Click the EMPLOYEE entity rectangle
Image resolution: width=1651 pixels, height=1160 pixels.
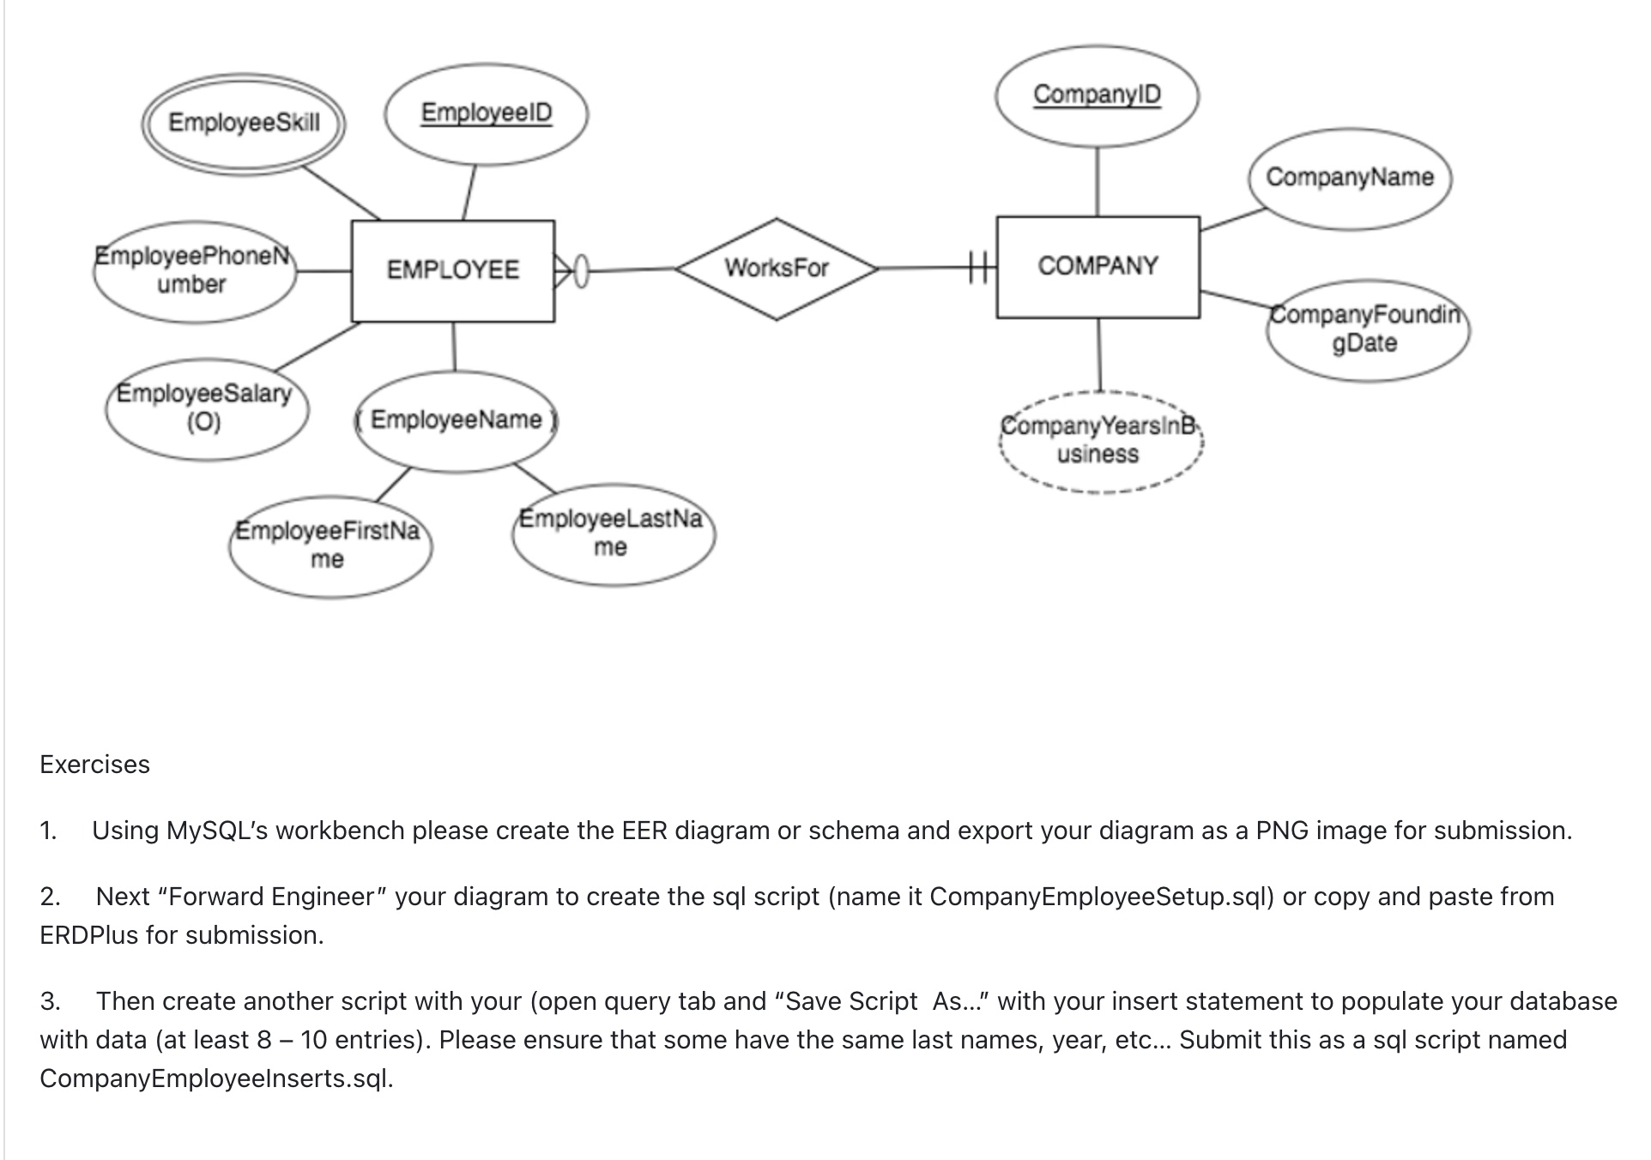(x=452, y=270)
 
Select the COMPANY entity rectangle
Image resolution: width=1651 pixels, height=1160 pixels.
(x=1098, y=267)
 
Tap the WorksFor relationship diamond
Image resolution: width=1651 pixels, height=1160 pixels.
(x=777, y=269)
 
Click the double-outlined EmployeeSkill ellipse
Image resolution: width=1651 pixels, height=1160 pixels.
(x=244, y=123)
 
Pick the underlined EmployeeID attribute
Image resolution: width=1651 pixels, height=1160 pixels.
(x=486, y=113)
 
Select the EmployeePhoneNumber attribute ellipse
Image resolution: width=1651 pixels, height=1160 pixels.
(x=194, y=270)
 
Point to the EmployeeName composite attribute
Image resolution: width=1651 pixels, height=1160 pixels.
(x=456, y=420)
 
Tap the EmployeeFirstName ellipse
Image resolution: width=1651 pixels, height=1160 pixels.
(x=329, y=546)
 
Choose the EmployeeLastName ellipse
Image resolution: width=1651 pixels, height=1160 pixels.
(x=612, y=533)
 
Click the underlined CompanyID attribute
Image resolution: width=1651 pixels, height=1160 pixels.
(x=1096, y=95)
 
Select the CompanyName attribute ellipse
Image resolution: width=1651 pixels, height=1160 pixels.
(x=1349, y=178)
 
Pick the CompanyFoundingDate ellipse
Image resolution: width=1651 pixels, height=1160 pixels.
(x=1365, y=329)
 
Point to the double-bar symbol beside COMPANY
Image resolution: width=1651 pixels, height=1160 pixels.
(x=979, y=268)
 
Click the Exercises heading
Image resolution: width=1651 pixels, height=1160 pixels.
(x=94, y=764)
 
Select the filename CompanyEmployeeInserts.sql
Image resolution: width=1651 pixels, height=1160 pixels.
(x=215, y=1078)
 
